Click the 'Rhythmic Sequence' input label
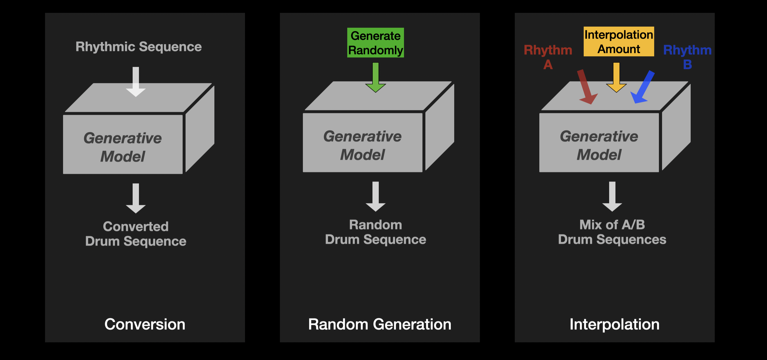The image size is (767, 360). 138,47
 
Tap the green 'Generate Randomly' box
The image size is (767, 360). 375,43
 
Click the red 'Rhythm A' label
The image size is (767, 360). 548,57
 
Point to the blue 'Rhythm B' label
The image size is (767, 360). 687,57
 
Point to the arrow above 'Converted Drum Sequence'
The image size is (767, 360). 136,198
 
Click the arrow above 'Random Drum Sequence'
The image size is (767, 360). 375,196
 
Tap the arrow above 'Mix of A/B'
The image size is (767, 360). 612,196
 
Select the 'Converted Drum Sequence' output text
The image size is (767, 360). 136,234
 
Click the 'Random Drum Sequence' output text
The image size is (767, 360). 375,232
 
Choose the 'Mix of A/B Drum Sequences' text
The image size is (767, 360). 612,232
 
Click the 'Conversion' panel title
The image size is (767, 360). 145,324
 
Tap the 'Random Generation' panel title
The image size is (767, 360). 380,324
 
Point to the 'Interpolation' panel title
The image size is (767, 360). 614,324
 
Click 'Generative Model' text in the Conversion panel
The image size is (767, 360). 123,147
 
